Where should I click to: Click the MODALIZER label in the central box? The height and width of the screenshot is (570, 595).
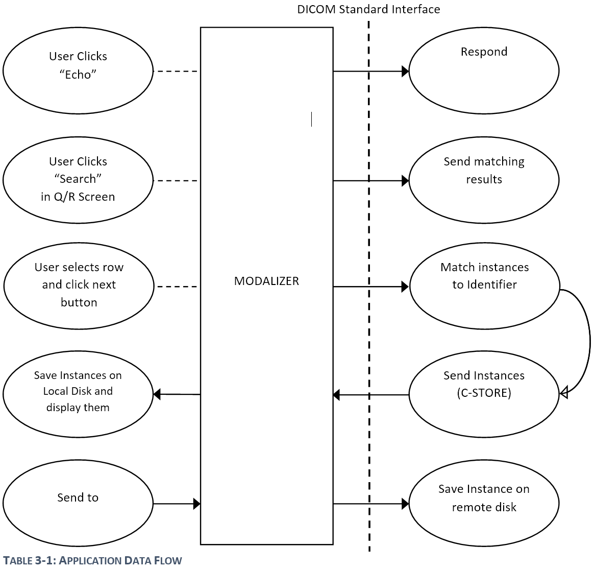[266, 281]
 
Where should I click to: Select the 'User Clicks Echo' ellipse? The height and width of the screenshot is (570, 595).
[78, 70]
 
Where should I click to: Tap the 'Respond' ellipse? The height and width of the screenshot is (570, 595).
[484, 70]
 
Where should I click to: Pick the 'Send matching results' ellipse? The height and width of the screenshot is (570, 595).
[484, 180]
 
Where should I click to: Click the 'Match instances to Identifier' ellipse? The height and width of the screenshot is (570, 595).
[484, 286]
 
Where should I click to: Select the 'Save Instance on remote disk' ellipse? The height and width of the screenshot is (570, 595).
[484, 503]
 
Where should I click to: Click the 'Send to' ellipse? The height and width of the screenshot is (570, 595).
[78, 503]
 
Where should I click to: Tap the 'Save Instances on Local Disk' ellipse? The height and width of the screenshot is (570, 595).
[78, 394]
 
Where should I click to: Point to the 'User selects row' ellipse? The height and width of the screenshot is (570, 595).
[79, 286]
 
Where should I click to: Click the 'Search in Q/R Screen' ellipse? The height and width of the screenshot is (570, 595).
[78, 180]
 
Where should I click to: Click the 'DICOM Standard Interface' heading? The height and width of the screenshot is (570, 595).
[368, 9]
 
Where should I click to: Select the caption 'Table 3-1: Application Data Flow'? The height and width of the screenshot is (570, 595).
[92, 561]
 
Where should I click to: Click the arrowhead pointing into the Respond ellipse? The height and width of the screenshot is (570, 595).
[405, 72]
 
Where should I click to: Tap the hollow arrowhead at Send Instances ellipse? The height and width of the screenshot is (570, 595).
[564, 393]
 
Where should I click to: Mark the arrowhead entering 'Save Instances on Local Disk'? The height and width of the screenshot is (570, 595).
[157, 394]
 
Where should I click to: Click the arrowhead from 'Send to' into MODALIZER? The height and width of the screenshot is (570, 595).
[197, 504]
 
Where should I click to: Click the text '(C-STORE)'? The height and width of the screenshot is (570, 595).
[484, 393]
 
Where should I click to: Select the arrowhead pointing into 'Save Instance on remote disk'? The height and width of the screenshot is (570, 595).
[405, 504]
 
